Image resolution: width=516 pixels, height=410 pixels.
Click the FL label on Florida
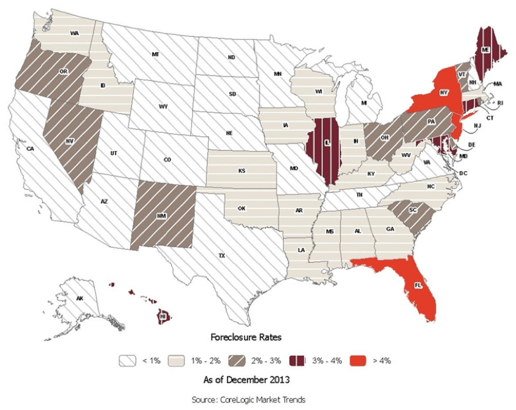(417, 286)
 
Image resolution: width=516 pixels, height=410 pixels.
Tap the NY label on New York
(426, 93)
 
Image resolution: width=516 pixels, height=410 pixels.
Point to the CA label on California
(30, 149)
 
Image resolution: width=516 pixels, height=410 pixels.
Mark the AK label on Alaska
(80, 299)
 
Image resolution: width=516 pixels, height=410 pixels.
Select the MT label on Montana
(156, 53)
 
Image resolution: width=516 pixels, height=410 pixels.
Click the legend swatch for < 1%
(128, 360)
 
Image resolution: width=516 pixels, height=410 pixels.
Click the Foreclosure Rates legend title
(245, 337)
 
